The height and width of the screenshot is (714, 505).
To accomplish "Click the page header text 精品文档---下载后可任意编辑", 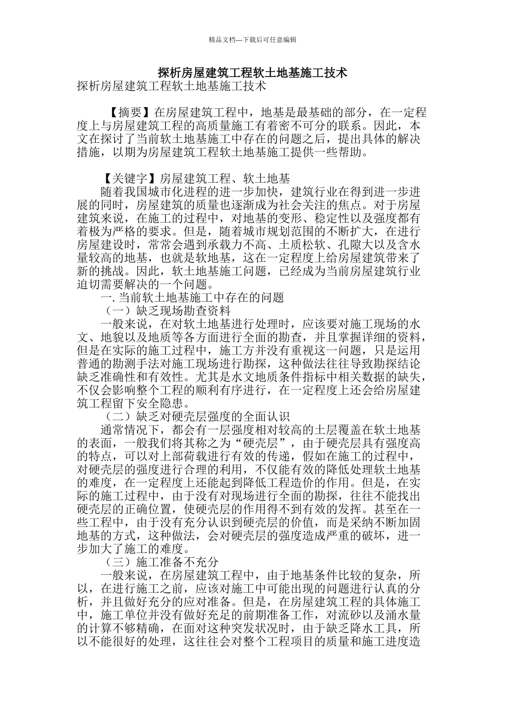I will (252, 39).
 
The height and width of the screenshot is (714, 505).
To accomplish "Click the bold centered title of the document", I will (252, 72).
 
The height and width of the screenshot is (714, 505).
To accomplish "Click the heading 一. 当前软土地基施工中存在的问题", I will (192, 297).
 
